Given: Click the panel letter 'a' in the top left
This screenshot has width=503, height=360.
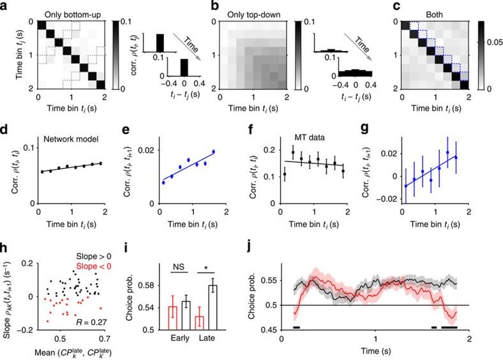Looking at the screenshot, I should coord(5,5).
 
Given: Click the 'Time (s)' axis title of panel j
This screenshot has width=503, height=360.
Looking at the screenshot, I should coord(376,350).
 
